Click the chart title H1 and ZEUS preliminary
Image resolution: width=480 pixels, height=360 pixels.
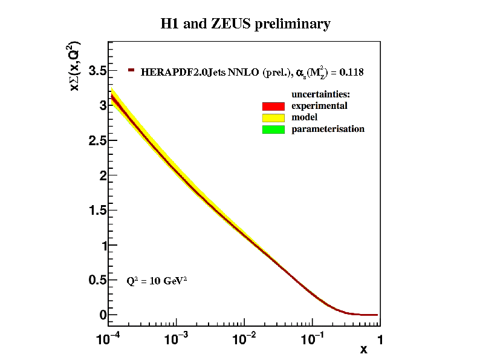245,24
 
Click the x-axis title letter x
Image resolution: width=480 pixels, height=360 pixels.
363,350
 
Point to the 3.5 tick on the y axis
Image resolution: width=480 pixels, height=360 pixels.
98,71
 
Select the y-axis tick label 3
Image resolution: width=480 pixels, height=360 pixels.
103,106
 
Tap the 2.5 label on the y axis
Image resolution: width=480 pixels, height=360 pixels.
98,141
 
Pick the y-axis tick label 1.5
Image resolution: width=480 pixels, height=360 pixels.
98,211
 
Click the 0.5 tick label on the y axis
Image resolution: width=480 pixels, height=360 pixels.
98,281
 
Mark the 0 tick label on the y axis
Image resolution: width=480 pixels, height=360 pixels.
103,315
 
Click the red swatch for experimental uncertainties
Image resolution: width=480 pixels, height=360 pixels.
273,106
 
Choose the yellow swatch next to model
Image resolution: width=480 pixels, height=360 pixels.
273,117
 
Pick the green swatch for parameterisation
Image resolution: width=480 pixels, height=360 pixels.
273,129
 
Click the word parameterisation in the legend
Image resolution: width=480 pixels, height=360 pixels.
328,129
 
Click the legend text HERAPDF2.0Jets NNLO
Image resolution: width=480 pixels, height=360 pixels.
199,73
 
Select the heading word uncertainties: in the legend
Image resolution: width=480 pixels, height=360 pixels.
321,94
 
